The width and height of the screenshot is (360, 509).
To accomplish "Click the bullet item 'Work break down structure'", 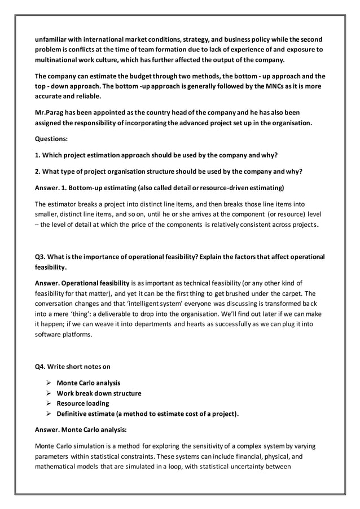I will click(99, 393).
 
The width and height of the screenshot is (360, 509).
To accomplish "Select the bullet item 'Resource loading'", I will click(83, 403).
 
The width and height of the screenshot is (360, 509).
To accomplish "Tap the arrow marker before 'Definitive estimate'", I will click(49, 414).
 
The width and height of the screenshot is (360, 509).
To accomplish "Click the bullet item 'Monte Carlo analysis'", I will click(88, 383).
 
